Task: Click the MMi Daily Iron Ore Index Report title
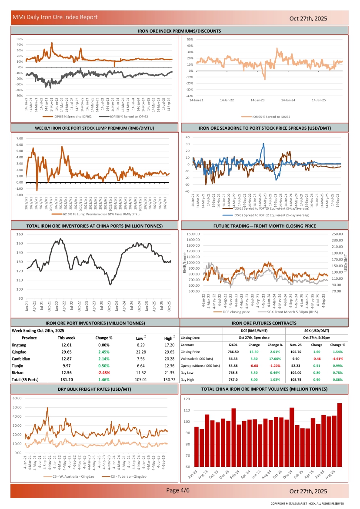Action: click(x=55, y=17)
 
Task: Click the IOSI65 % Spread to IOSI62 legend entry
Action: click(x=265, y=117)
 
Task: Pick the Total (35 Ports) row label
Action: click(x=26, y=379)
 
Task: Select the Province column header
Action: click(x=30, y=338)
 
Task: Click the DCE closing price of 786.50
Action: click(x=233, y=351)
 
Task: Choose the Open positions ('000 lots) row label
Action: click(x=200, y=366)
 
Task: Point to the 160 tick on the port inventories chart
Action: click(x=20, y=234)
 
